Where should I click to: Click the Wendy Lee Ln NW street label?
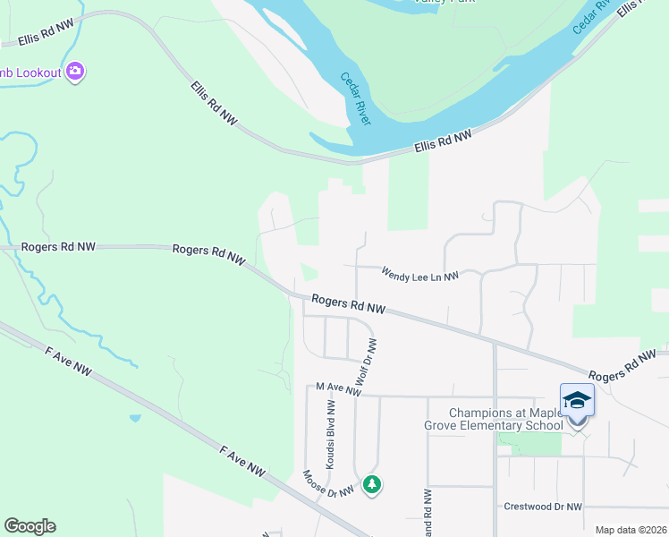419,276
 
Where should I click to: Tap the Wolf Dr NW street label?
367,362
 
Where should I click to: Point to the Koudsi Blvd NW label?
330,434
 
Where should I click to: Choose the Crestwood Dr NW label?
543,507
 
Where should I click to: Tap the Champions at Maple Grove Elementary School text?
506,419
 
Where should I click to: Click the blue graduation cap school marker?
577,400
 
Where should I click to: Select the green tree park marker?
372,485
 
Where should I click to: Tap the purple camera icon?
75,72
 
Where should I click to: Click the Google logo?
30,526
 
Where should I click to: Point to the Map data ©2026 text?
631,530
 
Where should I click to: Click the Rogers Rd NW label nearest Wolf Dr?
348,305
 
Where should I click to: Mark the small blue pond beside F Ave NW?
134,417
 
